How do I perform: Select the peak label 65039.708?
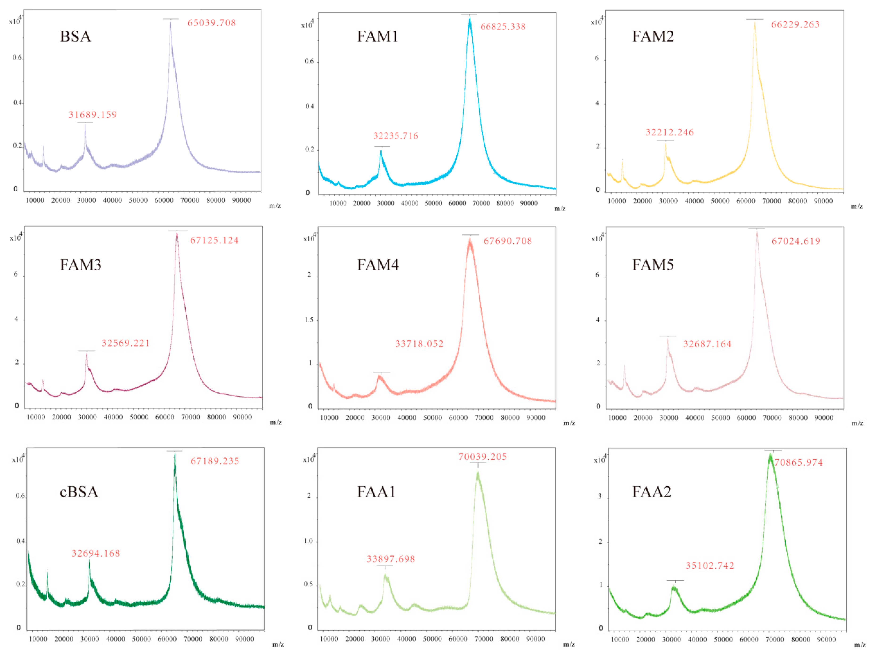point(212,23)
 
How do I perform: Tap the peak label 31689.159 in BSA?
point(93,115)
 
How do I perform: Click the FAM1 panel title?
point(377,37)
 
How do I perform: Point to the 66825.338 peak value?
point(503,27)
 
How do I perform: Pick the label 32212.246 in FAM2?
point(670,132)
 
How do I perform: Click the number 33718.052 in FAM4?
point(419,344)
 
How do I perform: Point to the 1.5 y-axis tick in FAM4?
point(309,320)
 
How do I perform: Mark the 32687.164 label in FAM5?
point(707,344)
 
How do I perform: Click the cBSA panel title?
point(79,492)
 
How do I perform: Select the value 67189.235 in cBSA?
point(215,461)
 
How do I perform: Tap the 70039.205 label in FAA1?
point(483,457)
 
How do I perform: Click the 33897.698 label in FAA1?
point(391,559)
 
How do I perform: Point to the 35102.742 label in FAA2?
point(710,566)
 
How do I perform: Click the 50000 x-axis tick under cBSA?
point(141,639)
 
